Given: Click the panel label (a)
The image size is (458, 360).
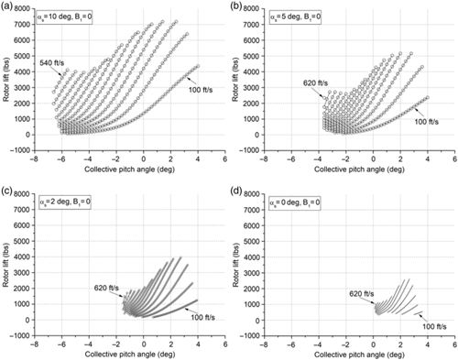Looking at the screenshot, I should click(x=8, y=6).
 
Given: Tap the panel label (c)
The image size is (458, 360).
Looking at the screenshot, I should click(x=8, y=190).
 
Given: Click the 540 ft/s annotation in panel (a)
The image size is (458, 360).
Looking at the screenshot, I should click(x=52, y=61).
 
